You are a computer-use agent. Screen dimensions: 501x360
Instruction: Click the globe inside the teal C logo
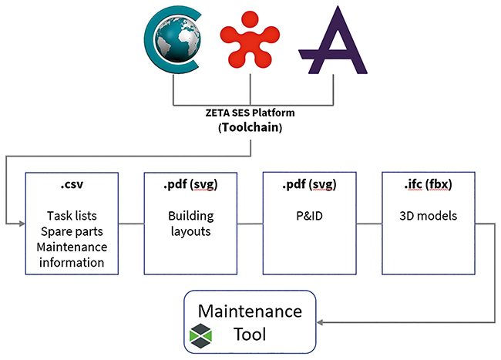(177, 39)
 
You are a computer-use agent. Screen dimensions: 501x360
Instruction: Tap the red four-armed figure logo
(250, 39)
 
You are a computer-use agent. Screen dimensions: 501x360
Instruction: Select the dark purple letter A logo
(333, 40)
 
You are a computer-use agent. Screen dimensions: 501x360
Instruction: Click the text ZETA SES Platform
(250, 113)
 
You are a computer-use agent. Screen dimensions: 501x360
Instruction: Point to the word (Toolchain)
(250, 127)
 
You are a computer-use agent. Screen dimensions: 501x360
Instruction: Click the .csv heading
(72, 184)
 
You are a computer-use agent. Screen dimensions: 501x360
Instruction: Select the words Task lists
(72, 216)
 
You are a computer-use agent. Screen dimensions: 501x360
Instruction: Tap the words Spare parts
(72, 231)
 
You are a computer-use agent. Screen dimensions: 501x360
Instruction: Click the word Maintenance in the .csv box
(72, 247)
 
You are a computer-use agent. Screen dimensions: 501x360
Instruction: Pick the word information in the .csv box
(72, 263)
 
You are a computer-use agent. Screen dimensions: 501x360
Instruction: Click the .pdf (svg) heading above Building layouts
(190, 185)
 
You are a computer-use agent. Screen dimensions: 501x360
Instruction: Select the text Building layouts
(190, 224)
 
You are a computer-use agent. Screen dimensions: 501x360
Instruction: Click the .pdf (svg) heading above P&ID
(309, 185)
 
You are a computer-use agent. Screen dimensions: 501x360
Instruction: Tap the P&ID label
(309, 216)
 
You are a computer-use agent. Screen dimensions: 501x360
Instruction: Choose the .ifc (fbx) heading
(428, 185)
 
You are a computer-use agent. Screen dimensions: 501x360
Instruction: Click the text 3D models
(428, 216)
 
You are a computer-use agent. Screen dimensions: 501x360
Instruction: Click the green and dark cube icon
(200, 335)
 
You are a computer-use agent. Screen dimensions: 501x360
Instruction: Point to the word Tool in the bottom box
(250, 335)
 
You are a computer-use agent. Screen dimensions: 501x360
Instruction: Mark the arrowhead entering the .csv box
(22, 224)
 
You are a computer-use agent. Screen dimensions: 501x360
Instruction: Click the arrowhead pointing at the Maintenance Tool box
(320, 322)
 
